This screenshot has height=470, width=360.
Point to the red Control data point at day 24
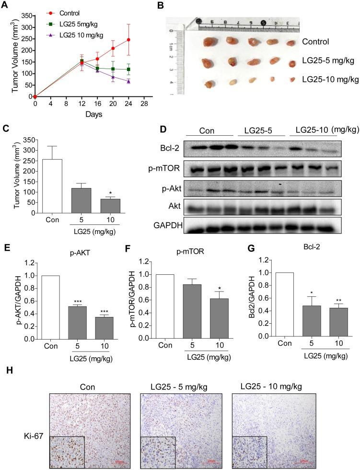tap(116, 40)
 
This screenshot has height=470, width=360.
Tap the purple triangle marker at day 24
tap(116, 82)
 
